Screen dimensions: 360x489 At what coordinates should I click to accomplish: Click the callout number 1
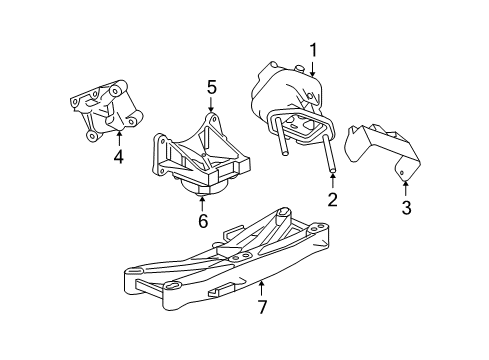(313, 49)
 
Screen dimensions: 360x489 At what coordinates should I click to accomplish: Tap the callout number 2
(332, 200)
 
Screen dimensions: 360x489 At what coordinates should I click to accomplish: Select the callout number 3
(407, 207)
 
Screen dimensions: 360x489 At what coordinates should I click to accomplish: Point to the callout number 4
(118, 156)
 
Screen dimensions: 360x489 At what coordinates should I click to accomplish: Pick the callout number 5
(211, 89)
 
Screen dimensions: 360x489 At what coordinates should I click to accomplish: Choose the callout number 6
(202, 221)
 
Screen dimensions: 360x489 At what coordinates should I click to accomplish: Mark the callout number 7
(262, 306)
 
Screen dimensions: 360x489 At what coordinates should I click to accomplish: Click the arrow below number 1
(313, 68)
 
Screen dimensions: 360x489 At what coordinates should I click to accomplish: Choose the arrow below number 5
(211, 109)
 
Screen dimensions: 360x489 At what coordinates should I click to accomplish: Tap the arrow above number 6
(202, 202)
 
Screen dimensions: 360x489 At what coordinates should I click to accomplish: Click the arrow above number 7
(262, 287)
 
